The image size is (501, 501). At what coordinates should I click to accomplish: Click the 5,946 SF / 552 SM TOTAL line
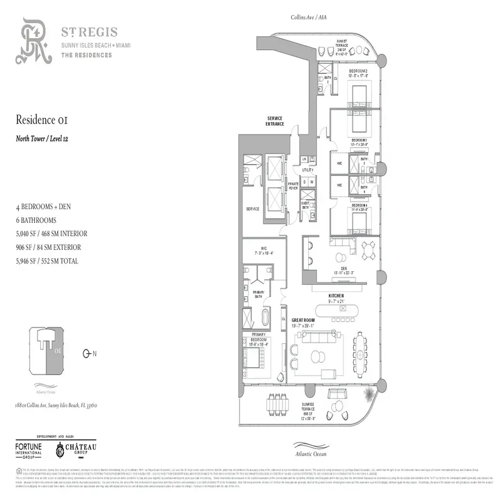[47, 261]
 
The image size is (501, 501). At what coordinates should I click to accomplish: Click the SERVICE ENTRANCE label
[275, 121]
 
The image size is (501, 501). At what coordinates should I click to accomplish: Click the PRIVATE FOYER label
[292, 186]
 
